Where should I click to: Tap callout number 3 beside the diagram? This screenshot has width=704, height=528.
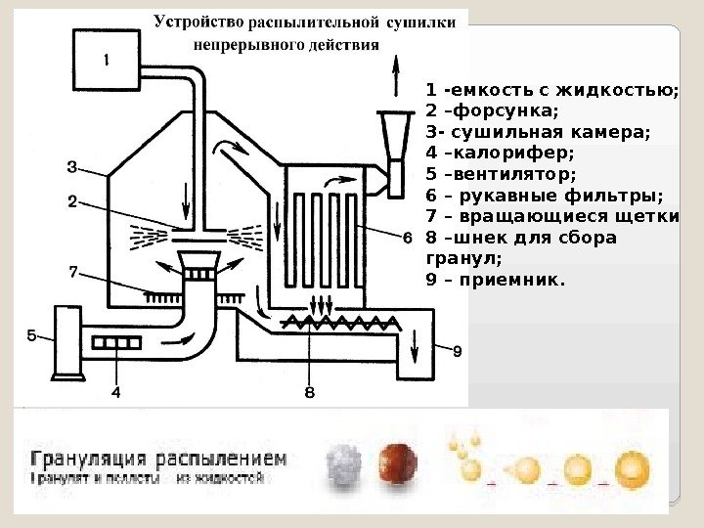pyautogui.click(x=71, y=165)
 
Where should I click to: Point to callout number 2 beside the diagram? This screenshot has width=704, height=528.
pyautogui.click(x=71, y=202)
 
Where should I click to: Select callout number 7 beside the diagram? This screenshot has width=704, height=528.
pyautogui.click(x=71, y=273)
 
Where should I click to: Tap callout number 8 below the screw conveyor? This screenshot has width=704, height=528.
pyautogui.click(x=309, y=394)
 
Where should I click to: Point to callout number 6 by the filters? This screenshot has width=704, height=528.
pyautogui.click(x=407, y=237)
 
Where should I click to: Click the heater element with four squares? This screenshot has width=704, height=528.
pyautogui.click(x=117, y=342)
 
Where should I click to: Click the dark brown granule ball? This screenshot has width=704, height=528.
pyautogui.click(x=397, y=462)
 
